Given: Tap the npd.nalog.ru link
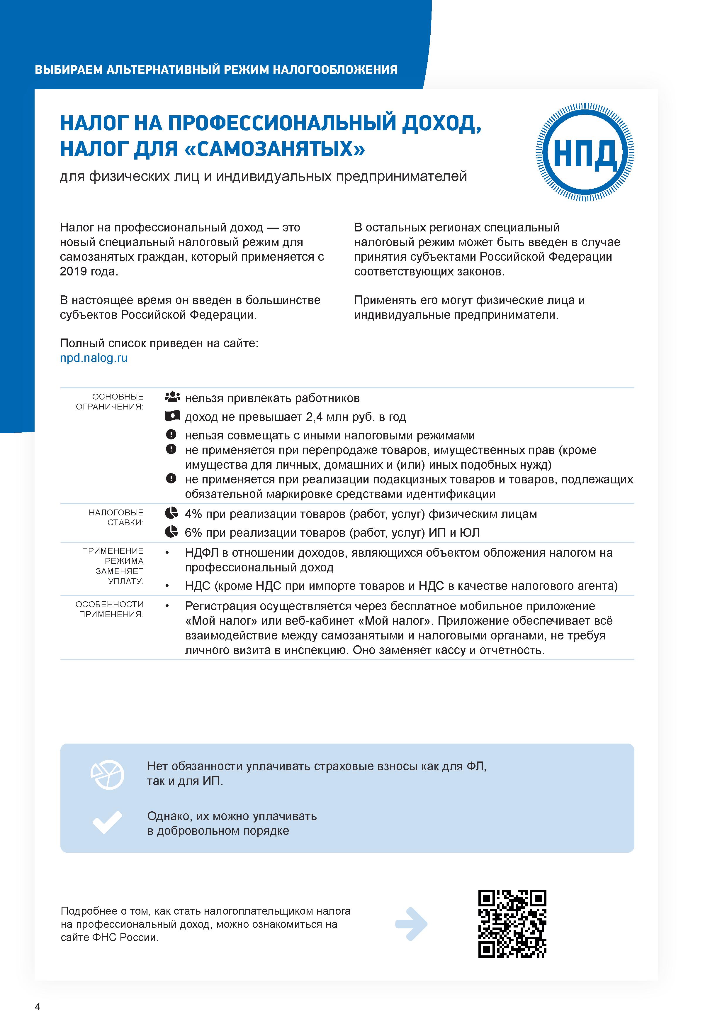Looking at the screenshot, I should click(x=94, y=358).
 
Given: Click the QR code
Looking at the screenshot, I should click(x=512, y=924).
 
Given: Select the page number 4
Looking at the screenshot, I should click(x=37, y=1007).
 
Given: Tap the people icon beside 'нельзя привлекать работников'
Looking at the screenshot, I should click(x=172, y=397).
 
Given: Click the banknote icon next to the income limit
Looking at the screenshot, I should click(x=172, y=416).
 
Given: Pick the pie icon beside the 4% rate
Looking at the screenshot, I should click(x=171, y=513).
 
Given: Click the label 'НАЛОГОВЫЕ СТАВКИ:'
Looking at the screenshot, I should click(x=116, y=517).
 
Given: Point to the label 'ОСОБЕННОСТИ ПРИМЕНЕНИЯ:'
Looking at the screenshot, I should click(x=110, y=609).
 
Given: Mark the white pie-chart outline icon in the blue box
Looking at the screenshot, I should click(x=108, y=774).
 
